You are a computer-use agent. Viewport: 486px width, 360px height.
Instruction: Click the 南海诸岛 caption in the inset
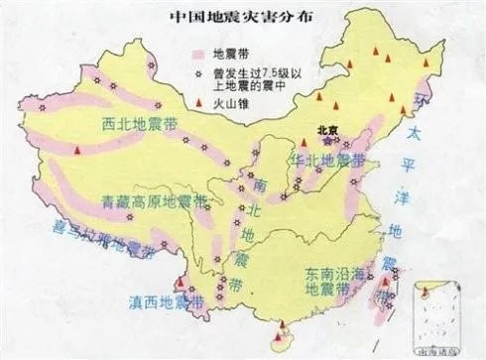coord(438,351)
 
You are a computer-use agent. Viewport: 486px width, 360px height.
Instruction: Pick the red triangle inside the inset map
coord(425,292)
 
